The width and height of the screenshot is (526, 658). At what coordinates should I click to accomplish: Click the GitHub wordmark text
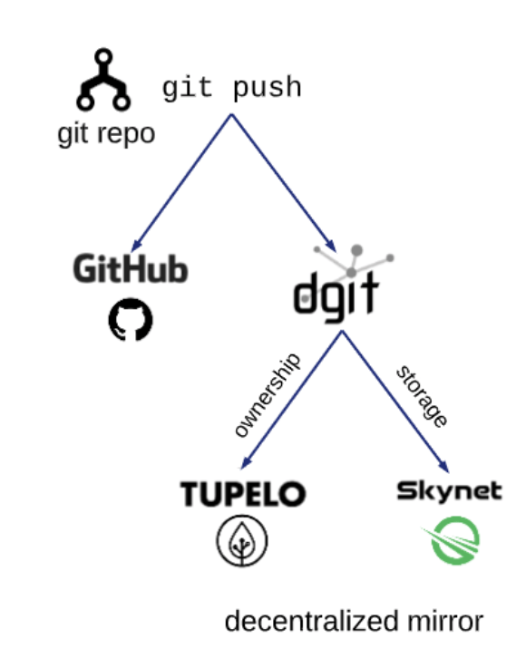(x=131, y=269)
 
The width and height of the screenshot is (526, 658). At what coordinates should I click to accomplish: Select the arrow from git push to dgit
(x=284, y=181)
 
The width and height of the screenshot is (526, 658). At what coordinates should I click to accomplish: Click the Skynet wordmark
(x=449, y=492)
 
